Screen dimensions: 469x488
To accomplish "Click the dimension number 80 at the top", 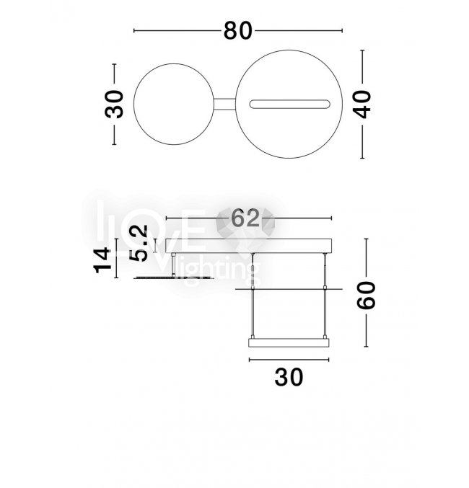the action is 238,30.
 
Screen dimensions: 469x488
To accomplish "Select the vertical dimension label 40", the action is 363,105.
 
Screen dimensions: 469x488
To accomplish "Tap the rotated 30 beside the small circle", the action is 114,105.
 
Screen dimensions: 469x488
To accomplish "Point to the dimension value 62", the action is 245,218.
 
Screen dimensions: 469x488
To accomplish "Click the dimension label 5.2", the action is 139,244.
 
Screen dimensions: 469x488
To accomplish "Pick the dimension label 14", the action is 102,260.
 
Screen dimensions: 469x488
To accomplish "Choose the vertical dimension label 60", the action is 366,295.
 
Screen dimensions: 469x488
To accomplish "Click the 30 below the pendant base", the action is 289,377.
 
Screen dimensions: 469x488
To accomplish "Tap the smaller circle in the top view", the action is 174,64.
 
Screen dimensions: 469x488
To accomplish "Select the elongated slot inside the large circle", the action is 289,105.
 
